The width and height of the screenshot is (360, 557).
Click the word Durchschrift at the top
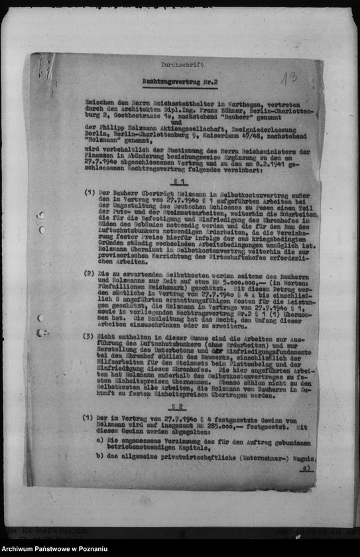[182, 65]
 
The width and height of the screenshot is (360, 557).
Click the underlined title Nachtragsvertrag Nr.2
[182, 80]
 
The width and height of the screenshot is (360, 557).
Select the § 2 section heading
[176, 406]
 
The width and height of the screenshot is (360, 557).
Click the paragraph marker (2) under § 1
[89, 273]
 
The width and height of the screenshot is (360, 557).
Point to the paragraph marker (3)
[88, 336]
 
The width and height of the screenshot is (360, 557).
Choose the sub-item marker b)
[99, 458]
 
